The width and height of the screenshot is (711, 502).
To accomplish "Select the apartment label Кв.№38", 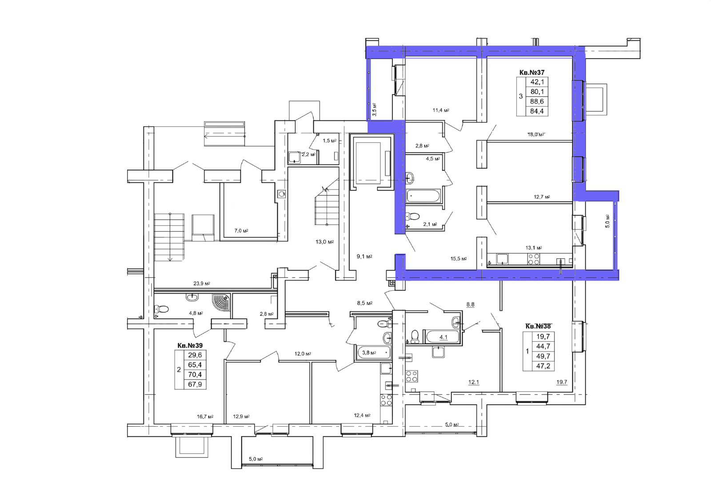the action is point(538,326).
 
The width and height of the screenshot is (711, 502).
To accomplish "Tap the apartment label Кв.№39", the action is point(190,345).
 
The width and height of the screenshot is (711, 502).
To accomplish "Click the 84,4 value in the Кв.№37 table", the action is point(537,111).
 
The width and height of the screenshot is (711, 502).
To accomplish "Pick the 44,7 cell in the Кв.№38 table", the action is point(543,346).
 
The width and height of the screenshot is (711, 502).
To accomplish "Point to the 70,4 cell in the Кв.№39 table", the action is point(195,375).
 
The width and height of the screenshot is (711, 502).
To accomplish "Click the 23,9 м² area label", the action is point(202,284).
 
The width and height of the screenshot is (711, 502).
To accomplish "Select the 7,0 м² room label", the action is point(241,231).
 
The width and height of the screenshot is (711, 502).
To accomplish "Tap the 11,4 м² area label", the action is point(441,111).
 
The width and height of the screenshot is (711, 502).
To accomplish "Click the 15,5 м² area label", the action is point(459,259).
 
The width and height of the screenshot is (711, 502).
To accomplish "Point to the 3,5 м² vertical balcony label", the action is point(375,109).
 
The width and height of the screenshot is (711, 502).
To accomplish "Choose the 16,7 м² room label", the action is point(205,417).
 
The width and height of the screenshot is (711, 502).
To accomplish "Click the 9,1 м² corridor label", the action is point(364,257).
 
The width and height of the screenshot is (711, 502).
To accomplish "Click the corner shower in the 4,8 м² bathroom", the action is point(221,302).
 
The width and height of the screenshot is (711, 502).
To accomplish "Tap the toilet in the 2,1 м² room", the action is point(412,217).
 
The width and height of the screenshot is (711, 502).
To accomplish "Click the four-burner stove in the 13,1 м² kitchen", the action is point(533,259).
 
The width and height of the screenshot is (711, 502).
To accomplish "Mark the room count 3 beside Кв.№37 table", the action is point(520,96).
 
